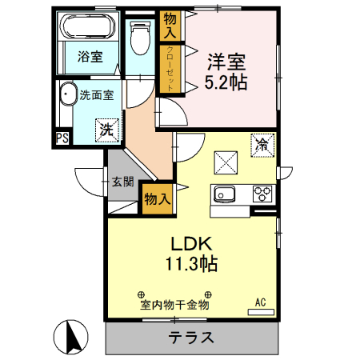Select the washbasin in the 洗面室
68,94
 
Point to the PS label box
62,138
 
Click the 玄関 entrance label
122,182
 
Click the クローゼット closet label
171,68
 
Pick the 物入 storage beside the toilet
170,25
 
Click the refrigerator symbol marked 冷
262,145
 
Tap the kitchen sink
222,194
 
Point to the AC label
260,302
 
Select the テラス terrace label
191,337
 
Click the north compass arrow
70,336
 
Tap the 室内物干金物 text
174,305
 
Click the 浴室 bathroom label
90,57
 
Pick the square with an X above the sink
225,162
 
